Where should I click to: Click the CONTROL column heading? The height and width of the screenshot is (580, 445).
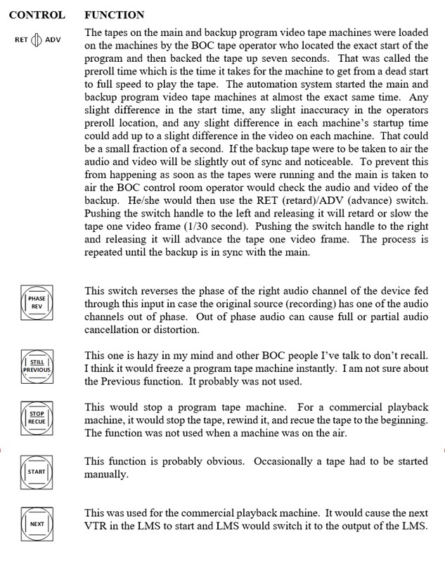(x=37, y=14)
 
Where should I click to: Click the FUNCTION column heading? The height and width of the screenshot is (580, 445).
(x=114, y=14)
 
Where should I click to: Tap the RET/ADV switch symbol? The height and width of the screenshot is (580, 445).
(x=37, y=39)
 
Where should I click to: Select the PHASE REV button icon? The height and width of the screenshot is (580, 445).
(x=37, y=302)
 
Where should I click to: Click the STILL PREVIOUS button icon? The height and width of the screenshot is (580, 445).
(x=37, y=366)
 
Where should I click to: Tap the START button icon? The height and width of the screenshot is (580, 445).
(x=37, y=472)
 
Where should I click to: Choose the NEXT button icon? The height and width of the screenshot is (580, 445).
(x=37, y=524)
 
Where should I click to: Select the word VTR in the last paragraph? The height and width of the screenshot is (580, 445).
(x=98, y=527)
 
